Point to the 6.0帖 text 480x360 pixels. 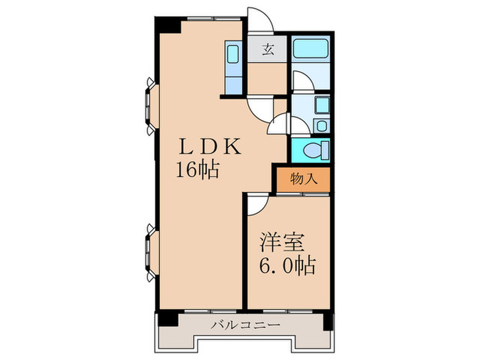coord(287,266)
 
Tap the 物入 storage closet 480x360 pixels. coord(302,180)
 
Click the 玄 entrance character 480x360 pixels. coord(268,49)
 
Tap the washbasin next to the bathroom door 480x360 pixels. coord(322,104)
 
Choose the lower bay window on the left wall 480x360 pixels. coord(149,252)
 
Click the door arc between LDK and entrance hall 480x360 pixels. coord(259,108)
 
